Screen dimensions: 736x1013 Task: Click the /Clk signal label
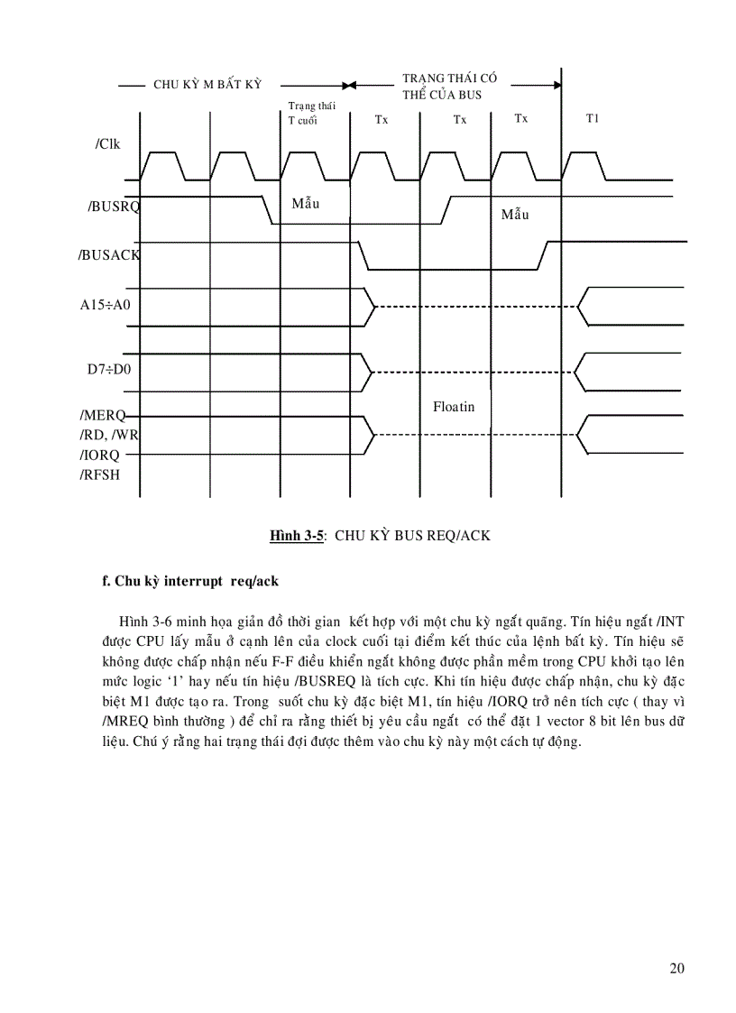tap(108, 144)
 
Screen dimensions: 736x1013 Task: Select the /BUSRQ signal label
tap(115, 207)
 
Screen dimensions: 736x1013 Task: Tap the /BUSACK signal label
tap(109, 255)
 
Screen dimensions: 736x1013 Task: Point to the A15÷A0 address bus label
tap(106, 304)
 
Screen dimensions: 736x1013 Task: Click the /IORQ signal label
tap(99, 456)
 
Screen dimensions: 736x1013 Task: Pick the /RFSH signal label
tap(99, 474)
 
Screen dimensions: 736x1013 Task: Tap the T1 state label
tap(593, 118)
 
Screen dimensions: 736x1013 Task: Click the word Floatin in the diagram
tap(454, 407)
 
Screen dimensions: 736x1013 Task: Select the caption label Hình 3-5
tap(296, 535)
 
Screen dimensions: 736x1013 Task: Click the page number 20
tap(677, 969)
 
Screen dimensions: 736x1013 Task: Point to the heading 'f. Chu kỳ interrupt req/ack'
tap(190, 581)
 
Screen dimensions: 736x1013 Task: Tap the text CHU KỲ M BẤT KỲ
tap(207, 84)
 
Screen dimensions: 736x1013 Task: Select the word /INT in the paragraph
tap(670, 621)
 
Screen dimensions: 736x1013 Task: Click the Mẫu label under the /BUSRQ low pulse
tap(306, 204)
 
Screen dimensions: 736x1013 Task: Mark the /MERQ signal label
tap(101, 416)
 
